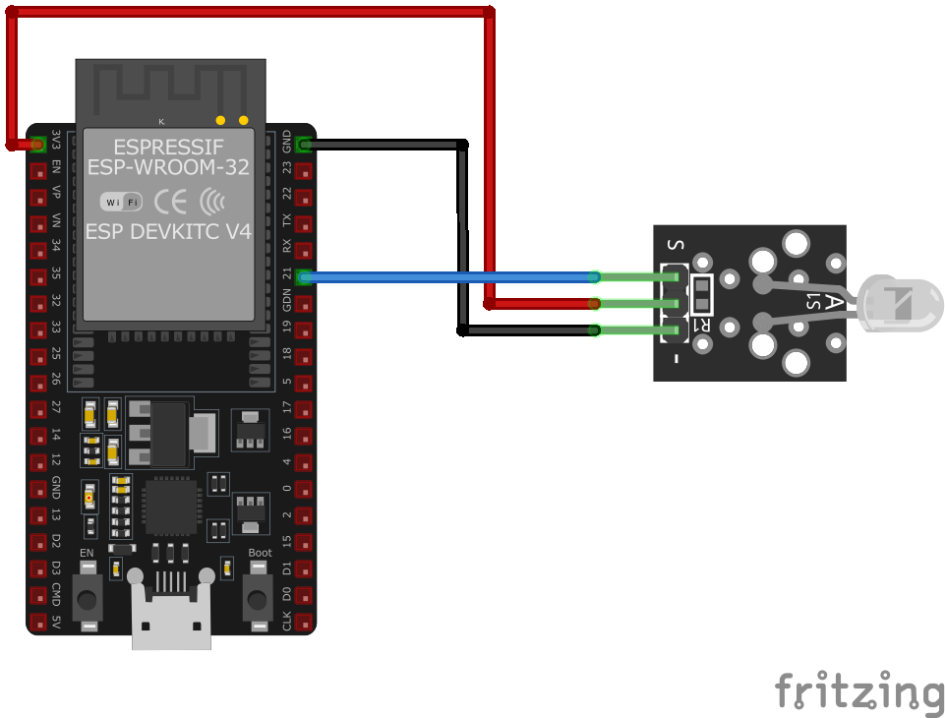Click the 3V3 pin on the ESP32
tap(38, 145)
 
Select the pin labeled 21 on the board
tap(304, 277)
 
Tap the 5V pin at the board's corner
tap(38, 623)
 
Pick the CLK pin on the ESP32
tap(304, 623)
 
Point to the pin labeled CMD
tap(38, 596)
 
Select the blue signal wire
tap(443, 277)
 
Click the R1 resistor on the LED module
tap(702, 293)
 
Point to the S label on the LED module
tap(675, 245)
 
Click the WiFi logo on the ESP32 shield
tap(121, 202)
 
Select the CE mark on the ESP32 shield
tap(172, 202)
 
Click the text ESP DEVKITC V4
tap(168, 232)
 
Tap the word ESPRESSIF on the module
tap(168, 147)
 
